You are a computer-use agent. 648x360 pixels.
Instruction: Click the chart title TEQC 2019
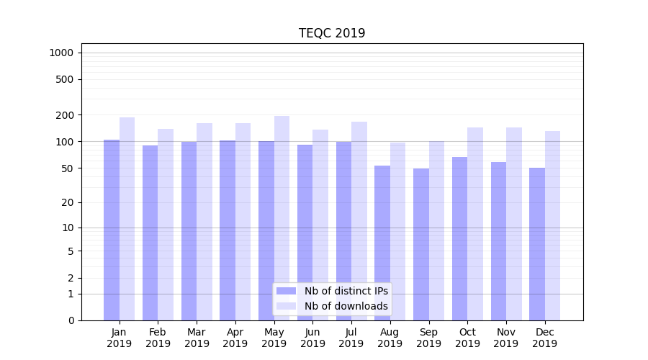click(x=332, y=33)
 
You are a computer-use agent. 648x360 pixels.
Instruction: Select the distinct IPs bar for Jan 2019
click(x=112, y=230)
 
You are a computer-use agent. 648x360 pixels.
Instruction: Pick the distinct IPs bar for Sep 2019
click(x=421, y=244)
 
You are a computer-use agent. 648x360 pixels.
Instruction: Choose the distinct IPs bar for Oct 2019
click(x=459, y=238)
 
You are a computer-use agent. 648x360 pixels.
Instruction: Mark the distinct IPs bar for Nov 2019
click(x=498, y=241)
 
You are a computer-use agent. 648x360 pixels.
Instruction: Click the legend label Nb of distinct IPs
click(x=346, y=291)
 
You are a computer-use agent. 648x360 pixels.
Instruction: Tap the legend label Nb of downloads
click(x=346, y=306)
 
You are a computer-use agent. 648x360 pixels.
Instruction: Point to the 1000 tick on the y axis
click(x=61, y=53)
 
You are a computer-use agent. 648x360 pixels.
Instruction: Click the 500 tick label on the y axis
click(x=65, y=79)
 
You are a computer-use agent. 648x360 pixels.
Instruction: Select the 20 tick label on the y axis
click(x=68, y=202)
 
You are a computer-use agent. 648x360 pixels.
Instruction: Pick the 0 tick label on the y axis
click(x=71, y=320)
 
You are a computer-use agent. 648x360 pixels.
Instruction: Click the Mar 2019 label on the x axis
click(x=197, y=338)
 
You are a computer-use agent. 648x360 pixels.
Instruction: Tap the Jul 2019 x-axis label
click(x=351, y=338)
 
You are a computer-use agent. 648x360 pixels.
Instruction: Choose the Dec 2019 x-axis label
click(x=544, y=338)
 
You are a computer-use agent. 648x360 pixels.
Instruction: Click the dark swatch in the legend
click(x=286, y=291)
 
